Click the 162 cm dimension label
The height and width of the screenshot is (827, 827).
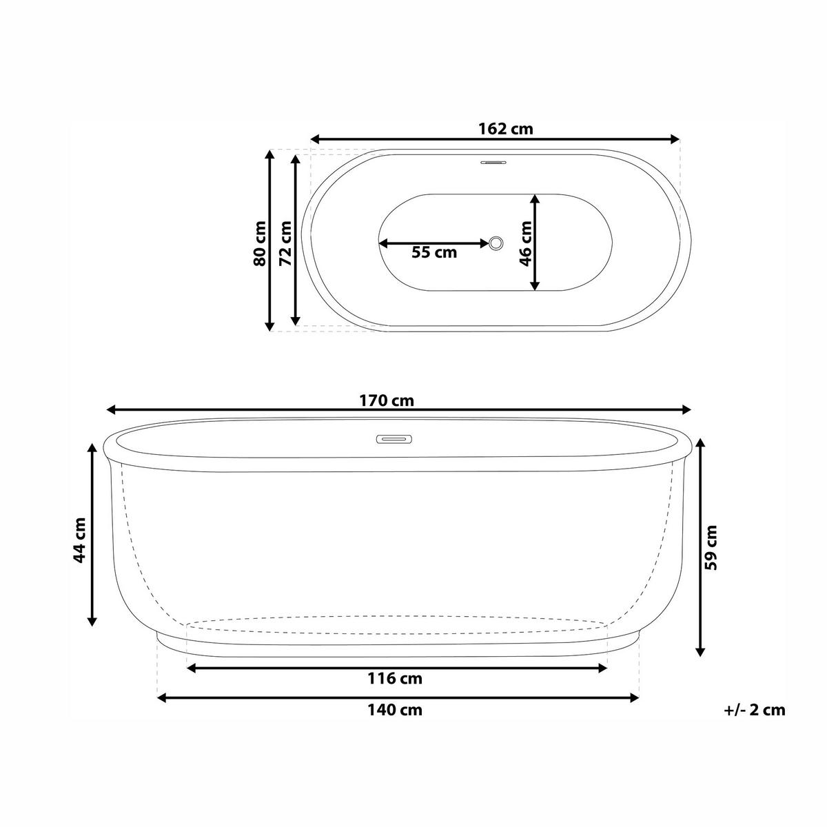(506, 128)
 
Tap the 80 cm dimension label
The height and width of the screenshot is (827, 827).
(260, 243)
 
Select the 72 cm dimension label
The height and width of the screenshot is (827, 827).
(285, 243)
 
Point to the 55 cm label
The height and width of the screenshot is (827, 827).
(434, 252)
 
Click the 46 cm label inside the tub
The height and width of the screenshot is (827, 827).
(526, 243)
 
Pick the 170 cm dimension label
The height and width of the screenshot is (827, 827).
(387, 400)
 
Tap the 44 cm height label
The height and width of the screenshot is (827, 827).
(79, 540)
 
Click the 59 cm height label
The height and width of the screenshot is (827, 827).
(711, 547)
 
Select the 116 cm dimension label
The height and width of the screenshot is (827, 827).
(395, 679)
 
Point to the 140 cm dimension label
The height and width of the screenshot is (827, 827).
(395, 710)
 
